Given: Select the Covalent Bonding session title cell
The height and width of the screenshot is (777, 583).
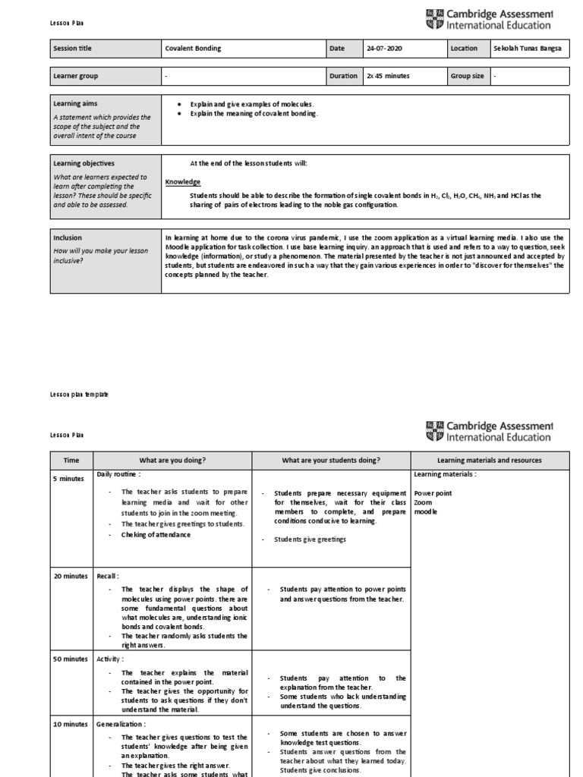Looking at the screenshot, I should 194,49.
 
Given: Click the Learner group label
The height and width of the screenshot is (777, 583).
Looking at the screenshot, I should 75,76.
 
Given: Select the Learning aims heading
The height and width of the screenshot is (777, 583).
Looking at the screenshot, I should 74,103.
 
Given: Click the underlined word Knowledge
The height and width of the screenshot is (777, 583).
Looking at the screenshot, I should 183,182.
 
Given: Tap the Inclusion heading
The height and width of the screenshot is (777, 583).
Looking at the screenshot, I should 68,238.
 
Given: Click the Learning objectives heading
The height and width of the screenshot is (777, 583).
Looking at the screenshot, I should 84,163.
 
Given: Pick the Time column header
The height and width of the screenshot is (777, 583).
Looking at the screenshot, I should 71,460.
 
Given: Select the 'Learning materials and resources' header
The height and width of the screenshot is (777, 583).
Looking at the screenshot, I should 489,460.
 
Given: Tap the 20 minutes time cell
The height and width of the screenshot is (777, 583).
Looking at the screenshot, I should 71,577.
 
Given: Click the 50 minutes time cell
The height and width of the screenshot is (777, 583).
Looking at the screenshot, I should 71,659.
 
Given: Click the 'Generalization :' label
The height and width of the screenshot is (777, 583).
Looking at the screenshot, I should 121,725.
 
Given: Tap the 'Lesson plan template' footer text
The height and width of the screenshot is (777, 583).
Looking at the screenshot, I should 74,395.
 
